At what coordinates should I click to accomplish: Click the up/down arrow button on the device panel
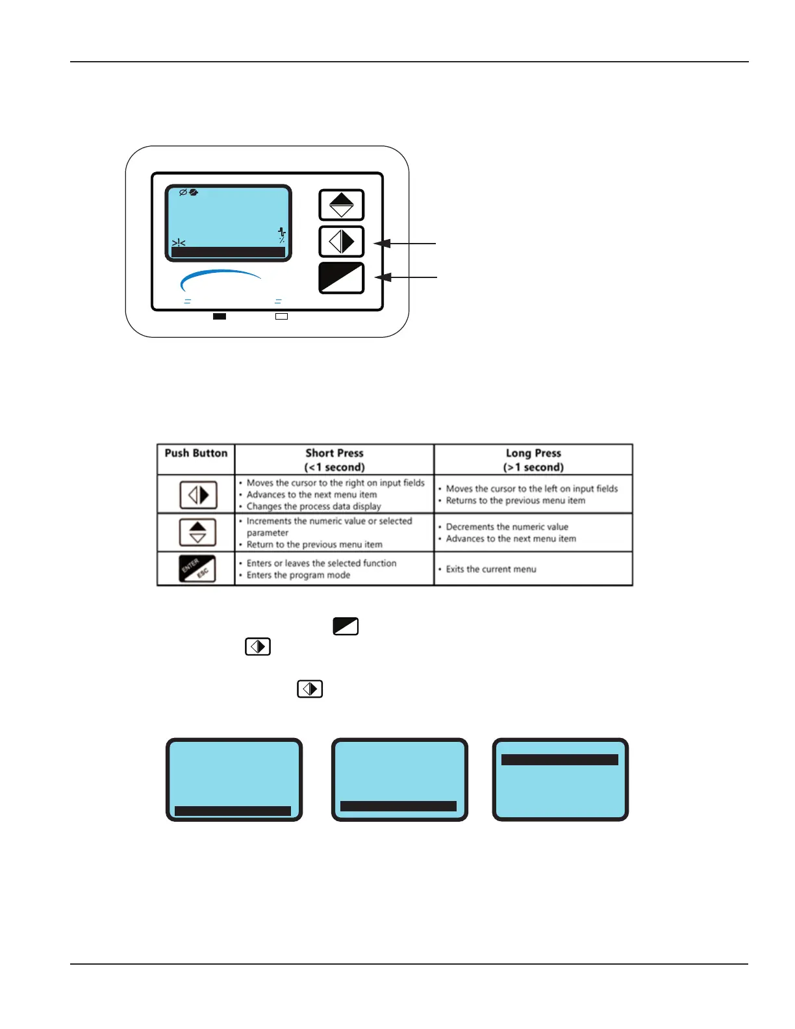(x=342, y=205)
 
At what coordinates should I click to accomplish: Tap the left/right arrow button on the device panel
(x=342, y=242)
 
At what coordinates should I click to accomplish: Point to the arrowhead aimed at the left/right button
(x=383, y=244)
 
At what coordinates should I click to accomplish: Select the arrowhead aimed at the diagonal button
(x=383, y=277)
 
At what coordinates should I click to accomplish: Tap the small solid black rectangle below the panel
(x=220, y=316)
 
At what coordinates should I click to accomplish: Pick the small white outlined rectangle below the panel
(x=281, y=316)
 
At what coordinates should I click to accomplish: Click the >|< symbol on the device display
(x=179, y=243)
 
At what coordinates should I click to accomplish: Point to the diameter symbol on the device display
(x=183, y=192)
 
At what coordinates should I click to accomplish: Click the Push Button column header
(x=196, y=453)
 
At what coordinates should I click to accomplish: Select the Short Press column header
(x=334, y=460)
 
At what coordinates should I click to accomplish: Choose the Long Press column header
(x=533, y=460)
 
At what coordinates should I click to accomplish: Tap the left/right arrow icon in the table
(x=198, y=495)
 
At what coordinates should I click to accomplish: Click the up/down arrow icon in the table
(x=197, y=533)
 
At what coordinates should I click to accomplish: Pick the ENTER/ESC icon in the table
(x=197, y=568)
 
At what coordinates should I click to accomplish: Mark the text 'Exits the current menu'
(x=491, y=569)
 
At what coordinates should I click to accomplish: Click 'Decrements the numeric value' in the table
(x=507, y=527)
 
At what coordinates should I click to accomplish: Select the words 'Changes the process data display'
(x=314, y=507)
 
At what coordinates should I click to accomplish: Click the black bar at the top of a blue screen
(x=560, y=759)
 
